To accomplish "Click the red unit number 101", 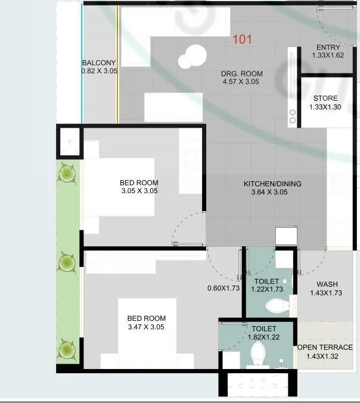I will point(243,40).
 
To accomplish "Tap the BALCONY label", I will point(99,63).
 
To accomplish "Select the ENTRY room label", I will point(328,47).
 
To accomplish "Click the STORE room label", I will point(325,98).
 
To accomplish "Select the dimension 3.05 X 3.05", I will point(139,191).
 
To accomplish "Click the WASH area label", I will point(328,284).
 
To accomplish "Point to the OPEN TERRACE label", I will point(325,348).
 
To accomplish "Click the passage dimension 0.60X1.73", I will point(224,288).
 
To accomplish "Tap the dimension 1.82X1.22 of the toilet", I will point(263,337).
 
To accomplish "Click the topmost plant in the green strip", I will point(68,174).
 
